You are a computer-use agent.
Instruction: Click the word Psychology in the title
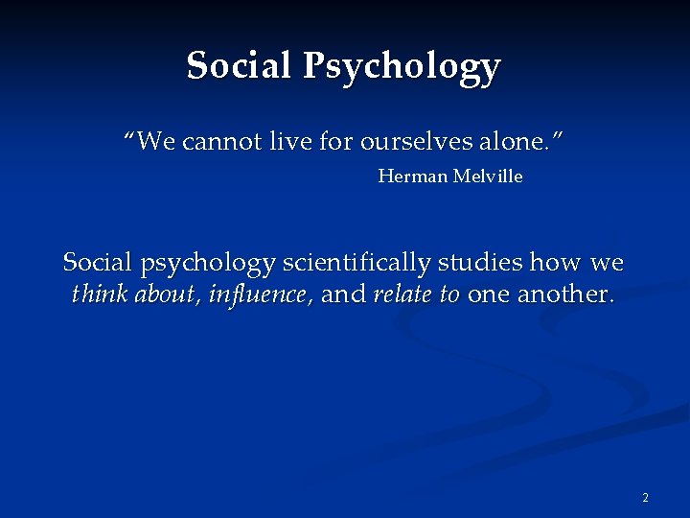coord(402,67)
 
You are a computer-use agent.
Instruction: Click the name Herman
coord(409,177)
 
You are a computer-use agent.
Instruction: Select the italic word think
coord(101,294)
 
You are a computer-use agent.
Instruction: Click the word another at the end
coord(564,294)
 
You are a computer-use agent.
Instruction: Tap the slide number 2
coord(645,497)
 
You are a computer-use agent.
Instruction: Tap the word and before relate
coord(344,294)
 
